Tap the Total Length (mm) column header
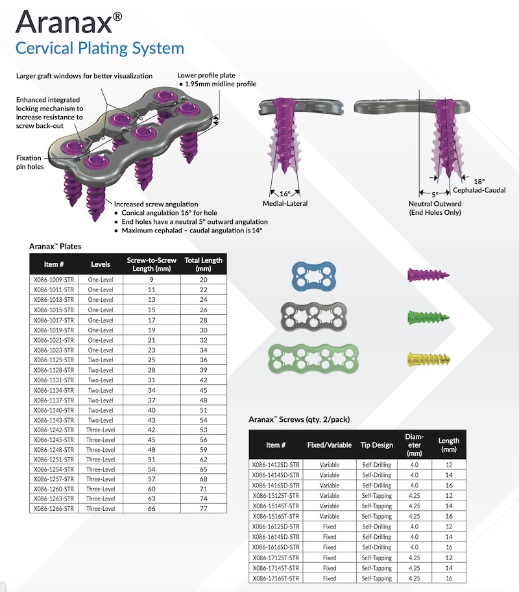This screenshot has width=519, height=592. point(204,264)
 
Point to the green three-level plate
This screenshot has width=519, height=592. point(317,358)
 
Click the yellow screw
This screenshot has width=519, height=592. point(428,359)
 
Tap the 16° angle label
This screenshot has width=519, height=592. point(285,193)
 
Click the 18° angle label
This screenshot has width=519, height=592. point(479,182)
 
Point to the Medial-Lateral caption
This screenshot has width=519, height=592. point(285,204)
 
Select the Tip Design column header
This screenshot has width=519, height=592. point(376,445)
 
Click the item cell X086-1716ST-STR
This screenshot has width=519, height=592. point(276,578)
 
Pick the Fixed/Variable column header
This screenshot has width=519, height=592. point(329,445)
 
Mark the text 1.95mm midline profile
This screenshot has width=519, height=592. point(220,84)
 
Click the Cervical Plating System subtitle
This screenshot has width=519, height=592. point(99,47)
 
